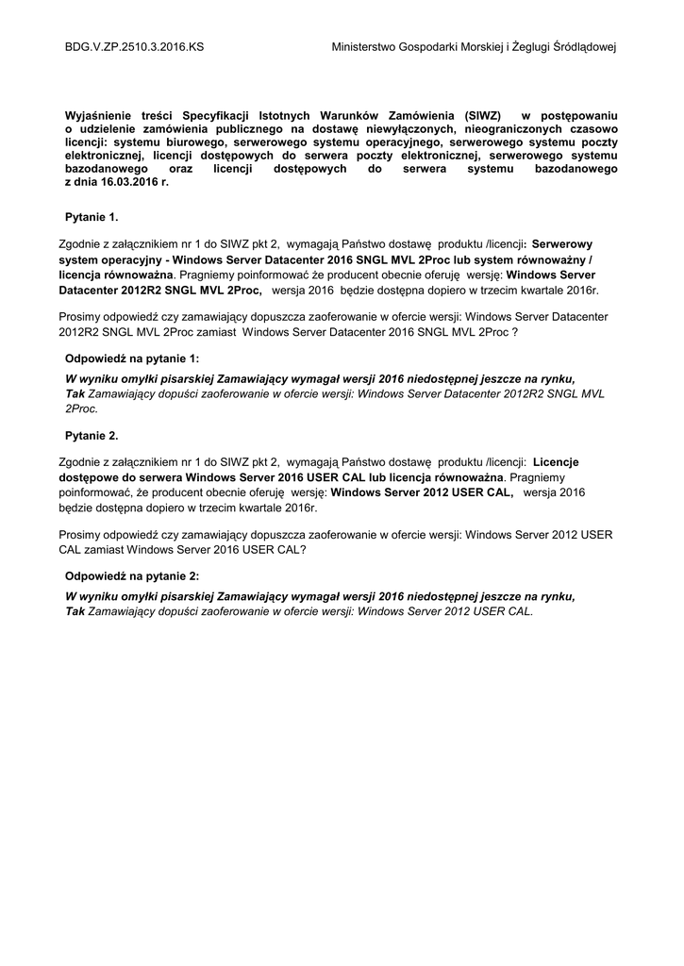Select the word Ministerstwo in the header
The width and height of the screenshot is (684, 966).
tap(369, 46)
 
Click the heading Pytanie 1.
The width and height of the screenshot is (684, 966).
tap(92, 217)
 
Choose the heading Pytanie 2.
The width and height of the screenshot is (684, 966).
tap(92, 436)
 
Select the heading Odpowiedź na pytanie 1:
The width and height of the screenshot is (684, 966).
tap(132, 358)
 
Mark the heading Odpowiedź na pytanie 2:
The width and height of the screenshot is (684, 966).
tap(132, 575)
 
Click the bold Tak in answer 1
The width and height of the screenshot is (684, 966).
tap(75, 393)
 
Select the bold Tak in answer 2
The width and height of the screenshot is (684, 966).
tap(75, 610)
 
